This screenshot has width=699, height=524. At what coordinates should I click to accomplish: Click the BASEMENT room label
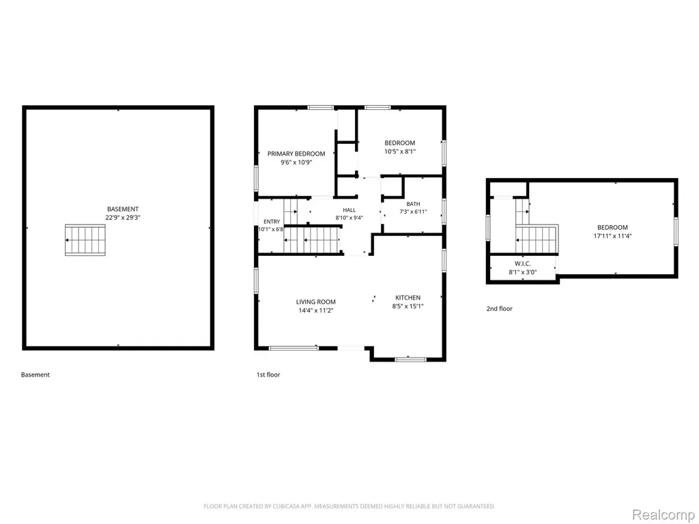coord(123,209)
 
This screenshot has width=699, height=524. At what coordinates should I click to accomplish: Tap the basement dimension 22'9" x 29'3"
coord(123,218)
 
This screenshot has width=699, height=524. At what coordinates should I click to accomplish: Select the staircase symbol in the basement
coord(85,240)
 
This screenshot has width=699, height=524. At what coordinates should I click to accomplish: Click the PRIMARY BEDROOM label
coord(296,154)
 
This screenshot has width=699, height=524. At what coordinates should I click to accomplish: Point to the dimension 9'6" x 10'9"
coord(296,162)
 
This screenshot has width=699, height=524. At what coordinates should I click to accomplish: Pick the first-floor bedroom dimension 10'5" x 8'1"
coord(400,151)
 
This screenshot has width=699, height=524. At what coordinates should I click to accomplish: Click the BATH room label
coord(413,204)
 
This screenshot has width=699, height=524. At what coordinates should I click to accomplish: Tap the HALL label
coord(349,210)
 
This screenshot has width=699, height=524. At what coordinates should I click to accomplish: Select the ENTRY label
coord(272,222)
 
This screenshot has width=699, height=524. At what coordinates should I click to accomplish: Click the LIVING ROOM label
coord(316,302)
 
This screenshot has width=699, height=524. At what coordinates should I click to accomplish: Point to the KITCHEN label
coord(408,297)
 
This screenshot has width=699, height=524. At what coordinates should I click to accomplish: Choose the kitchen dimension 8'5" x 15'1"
coord(408,306)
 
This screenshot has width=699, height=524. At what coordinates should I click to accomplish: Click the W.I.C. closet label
coord(522,264)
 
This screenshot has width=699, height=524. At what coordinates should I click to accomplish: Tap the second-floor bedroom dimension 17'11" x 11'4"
coord(612,236)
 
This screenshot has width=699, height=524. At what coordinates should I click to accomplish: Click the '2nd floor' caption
coord(499,308)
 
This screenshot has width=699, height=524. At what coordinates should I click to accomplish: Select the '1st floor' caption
coord(268,375)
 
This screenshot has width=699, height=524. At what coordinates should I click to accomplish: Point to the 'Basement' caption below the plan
coord(35,375)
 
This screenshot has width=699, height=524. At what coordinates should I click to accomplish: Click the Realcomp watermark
coord(664,514)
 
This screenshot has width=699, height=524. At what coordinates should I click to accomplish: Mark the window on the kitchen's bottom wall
coord(410,359)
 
